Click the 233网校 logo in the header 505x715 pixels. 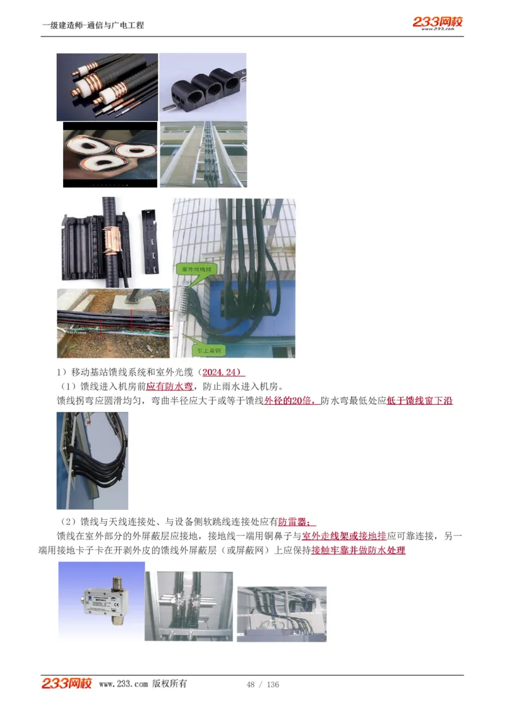click(438, 23)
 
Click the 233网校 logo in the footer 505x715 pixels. click(67, 683)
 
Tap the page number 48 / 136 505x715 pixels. click(263, 685)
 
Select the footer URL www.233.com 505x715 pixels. click(124, 684)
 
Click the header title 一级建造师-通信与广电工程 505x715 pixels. click(93, 25)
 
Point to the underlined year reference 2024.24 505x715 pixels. click(222, 372)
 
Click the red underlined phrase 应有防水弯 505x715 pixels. click(170, 387)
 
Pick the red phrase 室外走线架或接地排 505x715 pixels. click(344, 536)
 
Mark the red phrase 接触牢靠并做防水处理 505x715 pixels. click(358, 550)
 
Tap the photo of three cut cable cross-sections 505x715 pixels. click(110, 155)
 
